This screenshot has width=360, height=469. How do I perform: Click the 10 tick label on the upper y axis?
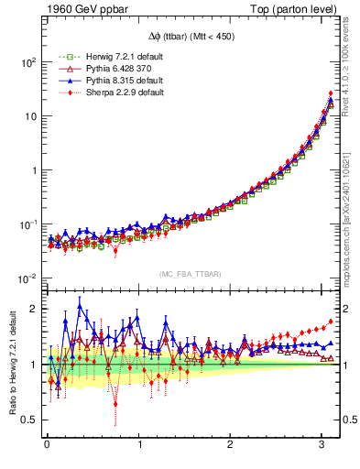pos(29,116)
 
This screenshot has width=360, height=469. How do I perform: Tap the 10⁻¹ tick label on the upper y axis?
pos(25,224)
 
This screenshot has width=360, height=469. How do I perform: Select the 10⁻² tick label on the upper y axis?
pos(25,278)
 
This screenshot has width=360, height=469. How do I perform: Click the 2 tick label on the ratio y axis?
pos(32,309)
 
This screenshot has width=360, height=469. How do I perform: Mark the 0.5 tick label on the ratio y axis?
pos(28,420)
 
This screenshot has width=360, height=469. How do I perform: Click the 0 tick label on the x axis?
pos(47,444)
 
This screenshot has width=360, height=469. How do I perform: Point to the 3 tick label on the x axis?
pos(323,444)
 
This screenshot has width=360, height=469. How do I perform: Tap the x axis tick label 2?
pos(231,444)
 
